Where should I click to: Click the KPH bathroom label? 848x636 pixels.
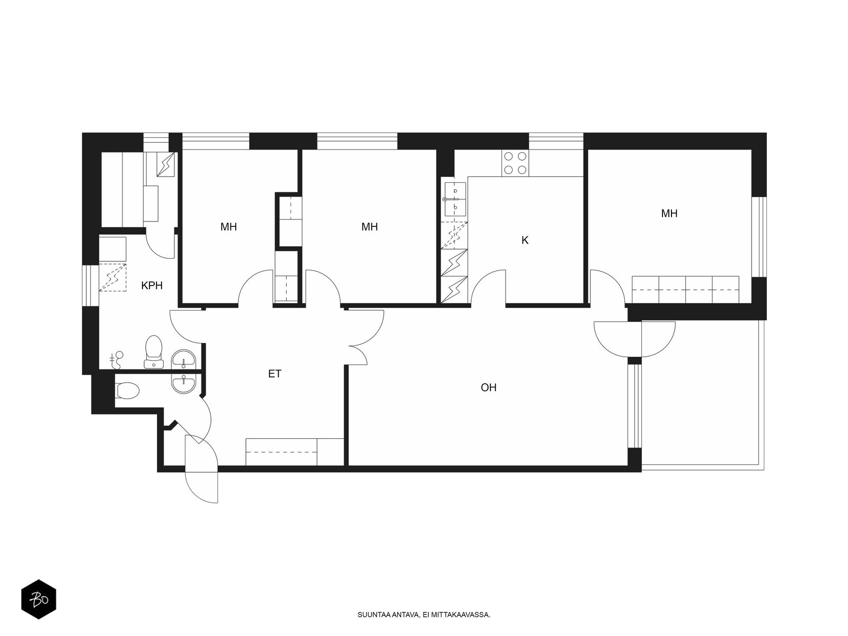click(x=152, y=286)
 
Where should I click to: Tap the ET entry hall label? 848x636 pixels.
click(x=275, y=374)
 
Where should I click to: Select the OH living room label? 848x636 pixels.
click(x=488, y=387)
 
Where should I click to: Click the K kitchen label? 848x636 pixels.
click(x=525, y=240)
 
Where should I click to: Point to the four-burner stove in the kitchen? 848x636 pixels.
click(x=515, y=163)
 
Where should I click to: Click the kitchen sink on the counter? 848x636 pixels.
click(x=455, y=199)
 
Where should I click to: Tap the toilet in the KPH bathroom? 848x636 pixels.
click(x=154, y=351)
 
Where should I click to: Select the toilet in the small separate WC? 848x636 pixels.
click(x=127, y=390)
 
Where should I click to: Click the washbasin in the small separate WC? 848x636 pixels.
click(x=184, y=383)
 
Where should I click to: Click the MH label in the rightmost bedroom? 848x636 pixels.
click(x=669, y=213)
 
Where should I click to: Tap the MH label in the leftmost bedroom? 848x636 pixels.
click(x=228, y=227)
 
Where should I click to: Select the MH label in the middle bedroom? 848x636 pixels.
click(x=369, y=227)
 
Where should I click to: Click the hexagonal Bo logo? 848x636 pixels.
click(x=39, y=599)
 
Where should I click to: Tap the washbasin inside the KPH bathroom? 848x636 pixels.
click(x=184, y=359)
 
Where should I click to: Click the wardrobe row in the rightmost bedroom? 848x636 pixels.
click(x=685, y=289)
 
